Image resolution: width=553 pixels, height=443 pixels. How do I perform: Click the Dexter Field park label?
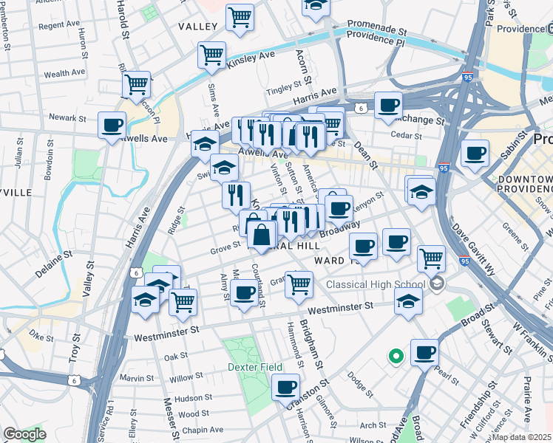pyautogui.click(x=254, y=366)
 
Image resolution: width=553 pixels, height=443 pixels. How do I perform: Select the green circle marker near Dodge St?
pyautogui.click(x=396, y=357)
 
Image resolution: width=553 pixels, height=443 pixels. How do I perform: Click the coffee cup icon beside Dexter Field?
pyautogui.click(x=285, y=385)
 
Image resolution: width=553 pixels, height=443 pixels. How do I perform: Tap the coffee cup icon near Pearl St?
pyautogui.click(x=424, y=352)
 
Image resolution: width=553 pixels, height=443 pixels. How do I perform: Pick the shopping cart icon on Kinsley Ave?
pyautogui.click(x=211, y=54)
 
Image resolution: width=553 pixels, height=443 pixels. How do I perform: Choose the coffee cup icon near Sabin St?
pyautogui.click(x=475, y=153)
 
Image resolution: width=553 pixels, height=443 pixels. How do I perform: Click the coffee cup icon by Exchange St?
pyautogui.click(x=387, y=104)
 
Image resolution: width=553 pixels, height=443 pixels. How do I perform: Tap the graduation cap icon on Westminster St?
pyautogui.click(x=408, y=300)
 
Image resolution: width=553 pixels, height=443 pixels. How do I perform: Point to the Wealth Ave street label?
pyautogui.click(x=66, y=74)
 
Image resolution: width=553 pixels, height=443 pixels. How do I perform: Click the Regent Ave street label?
pyautogui.click(x=58, y=25)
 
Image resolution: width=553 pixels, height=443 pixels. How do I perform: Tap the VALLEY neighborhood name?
pyautogui.click(x=198, y=26)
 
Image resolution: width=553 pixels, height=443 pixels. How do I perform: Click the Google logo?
pyautogui.click(x=24, y=433)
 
